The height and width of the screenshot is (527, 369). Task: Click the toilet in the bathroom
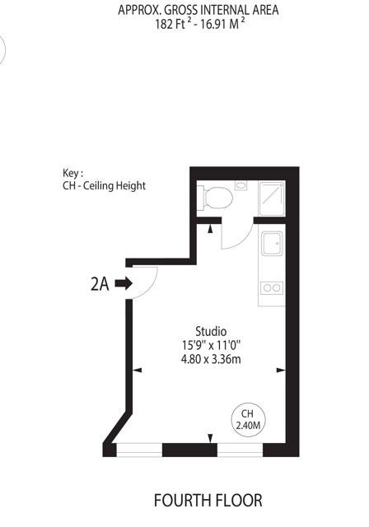pos(215,198)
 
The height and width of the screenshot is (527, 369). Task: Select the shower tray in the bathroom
pos(272,198)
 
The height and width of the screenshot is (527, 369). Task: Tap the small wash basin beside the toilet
pos(241,185)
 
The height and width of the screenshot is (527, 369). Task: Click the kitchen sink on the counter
pos(272,243)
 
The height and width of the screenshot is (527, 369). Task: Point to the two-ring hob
pos(272,288)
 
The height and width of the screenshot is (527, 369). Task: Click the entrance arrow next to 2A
pos(124,283)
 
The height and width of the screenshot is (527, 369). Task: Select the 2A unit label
pos(100,284)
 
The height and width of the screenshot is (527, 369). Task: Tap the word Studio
pos(211,331)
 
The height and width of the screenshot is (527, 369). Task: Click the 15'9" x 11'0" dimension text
pos(212,345)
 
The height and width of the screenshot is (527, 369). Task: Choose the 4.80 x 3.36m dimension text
pos(211,359)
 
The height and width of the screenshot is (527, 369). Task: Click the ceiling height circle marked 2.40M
pos(248,420)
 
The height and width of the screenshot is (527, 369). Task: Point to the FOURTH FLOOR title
pos(208,501)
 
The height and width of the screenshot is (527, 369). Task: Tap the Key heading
pos(72,173)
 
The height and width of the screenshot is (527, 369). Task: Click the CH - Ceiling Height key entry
pos(104,186)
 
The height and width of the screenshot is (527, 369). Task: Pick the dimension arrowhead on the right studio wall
pos(281,370)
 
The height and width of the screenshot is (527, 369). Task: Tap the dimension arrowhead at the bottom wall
pos(210,439)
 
